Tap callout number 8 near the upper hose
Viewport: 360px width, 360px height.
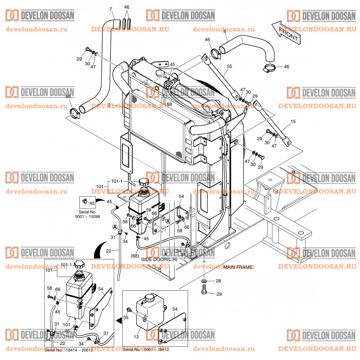(225, 32)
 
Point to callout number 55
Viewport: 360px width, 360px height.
(230, 66)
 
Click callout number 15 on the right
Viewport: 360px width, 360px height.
(293, 122)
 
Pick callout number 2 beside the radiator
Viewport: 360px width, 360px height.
(109, 105)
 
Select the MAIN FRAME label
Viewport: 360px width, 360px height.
(238, 267)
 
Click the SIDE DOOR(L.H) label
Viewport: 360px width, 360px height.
(159, 259)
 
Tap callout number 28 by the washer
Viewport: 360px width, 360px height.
(218, 281)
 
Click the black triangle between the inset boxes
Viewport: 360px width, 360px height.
(118, 320)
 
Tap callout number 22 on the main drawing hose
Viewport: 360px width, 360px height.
(109, 251)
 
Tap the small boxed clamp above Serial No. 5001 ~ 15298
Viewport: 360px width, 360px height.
(85, 201)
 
